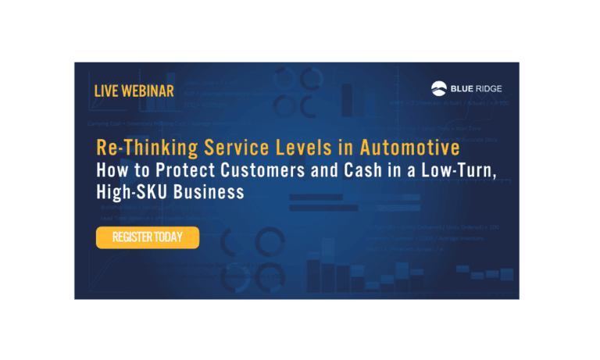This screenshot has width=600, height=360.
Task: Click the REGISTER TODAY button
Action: pos(148,237)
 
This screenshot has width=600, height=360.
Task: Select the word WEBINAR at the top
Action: pos(149,91)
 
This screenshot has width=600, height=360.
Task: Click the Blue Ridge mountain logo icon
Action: pos(440,88)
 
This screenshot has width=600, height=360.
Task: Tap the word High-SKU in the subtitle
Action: pos(128,192)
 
